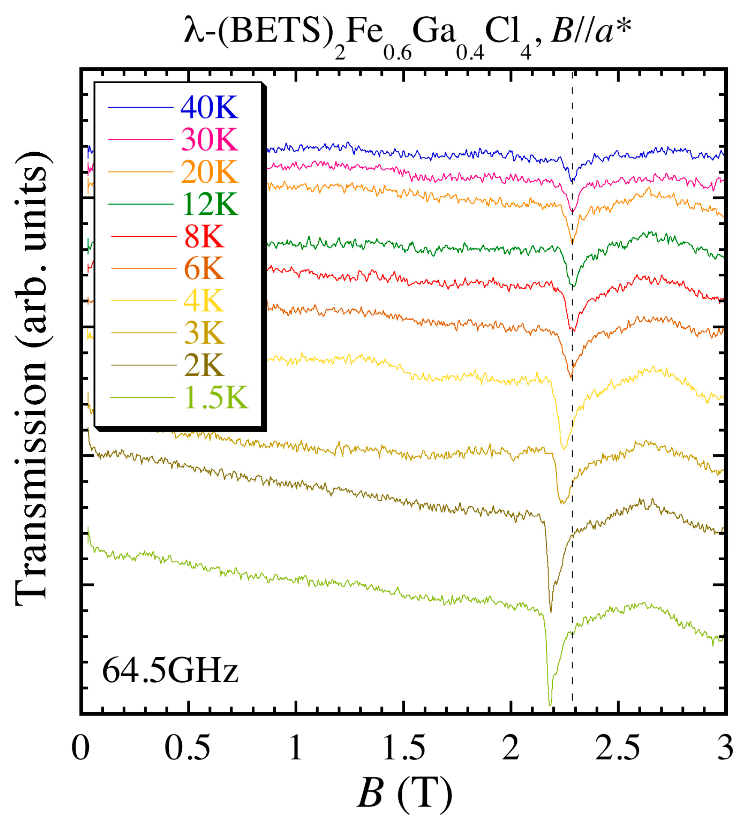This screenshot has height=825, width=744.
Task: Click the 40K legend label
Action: [x=209, y=107]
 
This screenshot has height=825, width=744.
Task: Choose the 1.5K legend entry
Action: [x=216, y=397]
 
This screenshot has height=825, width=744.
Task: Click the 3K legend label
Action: [x=204, y=332]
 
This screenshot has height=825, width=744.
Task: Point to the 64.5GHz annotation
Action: [x=170, y=670]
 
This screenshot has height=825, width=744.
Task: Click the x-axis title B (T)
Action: [x=404, y=793]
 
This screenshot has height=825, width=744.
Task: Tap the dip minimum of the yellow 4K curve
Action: [x=564, y=449]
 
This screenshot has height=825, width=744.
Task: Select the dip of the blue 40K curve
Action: [x=571, y=181]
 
